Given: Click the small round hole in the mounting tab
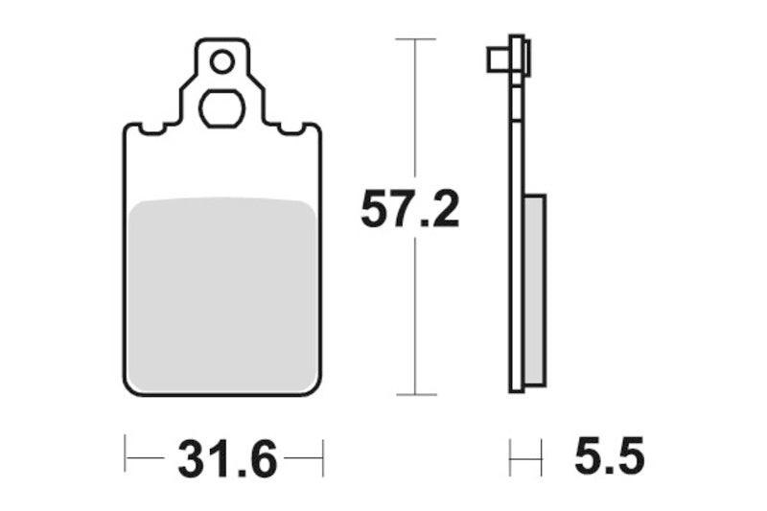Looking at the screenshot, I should click(x=222, y=63).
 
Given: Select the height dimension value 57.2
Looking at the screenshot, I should click(x=409, y=209).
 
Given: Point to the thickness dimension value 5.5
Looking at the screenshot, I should click(x=609, y=457).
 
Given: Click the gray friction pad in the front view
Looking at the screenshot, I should click(x=222, y=293).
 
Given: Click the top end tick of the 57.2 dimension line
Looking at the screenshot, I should click(x=415, y=39).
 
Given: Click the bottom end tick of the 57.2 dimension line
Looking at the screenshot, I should click(x=415, y=394).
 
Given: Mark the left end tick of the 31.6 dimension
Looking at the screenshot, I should click(x=126, y=457).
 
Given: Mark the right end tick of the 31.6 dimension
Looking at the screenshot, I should click(x=323, y=457).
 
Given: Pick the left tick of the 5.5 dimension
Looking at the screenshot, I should click(x=510, y=457).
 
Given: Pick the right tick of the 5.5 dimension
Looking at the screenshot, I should click(x=543, y=457).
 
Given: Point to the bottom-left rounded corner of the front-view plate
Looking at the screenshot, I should click(x=130, y=388).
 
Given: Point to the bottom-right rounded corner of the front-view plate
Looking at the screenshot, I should click(x=315, y=388).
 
